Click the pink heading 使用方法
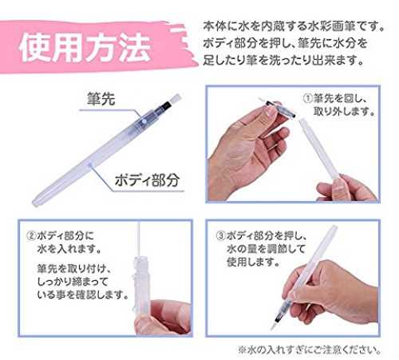coord(85,49)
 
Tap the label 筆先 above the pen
coord(101,99)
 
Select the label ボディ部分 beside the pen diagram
coord(147,180)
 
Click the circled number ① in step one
coord(307,98)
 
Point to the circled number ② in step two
coord(31,235)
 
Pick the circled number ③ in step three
coord(220,235)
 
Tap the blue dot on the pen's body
coord(91,165)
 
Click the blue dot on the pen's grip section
coord(144,121)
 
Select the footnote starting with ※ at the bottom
coord(310,350)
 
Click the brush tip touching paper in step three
coord(273,326)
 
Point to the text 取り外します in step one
coord(344,112)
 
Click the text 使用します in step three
coord(253,263)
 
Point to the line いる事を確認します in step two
coord(83,295)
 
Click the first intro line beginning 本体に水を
coord(294,26)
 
